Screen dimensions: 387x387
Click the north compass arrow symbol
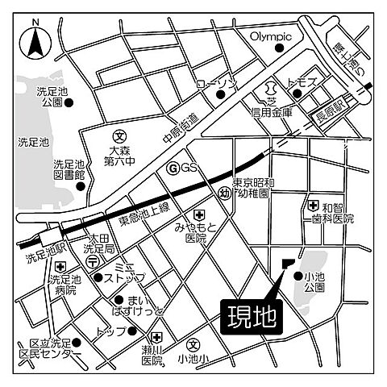35,41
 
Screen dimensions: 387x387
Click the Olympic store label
268,36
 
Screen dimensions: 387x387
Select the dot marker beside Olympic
280,48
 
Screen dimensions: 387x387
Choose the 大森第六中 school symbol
119,136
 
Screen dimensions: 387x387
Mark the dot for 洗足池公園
69,103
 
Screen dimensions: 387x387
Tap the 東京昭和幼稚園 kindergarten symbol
227,193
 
